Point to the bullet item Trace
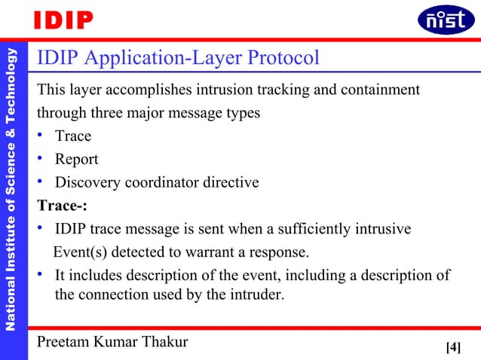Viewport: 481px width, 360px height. click(73, 136)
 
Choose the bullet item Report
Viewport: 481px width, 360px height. click(76, 160)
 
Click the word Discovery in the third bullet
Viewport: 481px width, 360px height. click(87, 183)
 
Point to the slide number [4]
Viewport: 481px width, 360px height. click(453, 347)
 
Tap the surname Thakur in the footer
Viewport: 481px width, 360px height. click(164, 343)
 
